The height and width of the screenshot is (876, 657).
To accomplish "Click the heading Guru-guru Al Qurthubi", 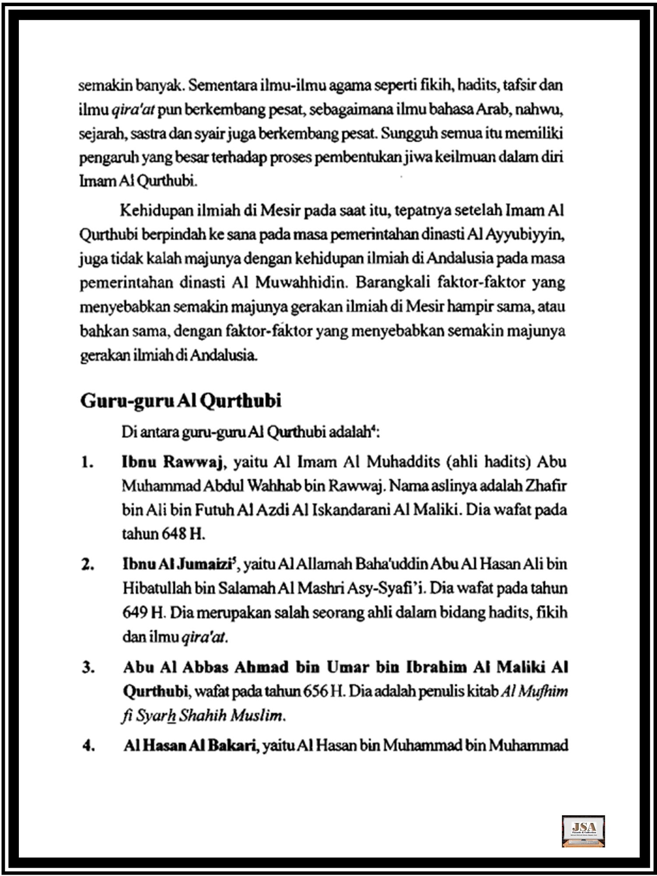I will [x=180, y=401].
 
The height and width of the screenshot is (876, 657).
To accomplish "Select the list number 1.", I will [x=87, y=463].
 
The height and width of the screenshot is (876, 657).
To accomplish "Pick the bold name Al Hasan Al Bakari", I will [x=189, y=745].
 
